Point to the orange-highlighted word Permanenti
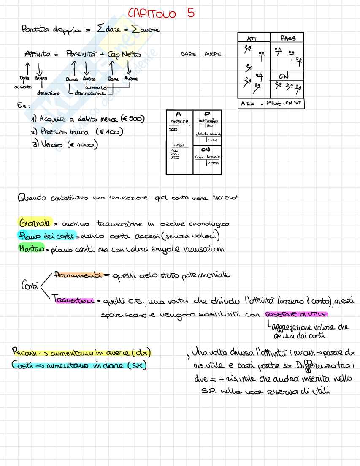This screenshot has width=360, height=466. [x=78, y=275]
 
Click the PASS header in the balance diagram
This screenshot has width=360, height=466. [x=288, y=38]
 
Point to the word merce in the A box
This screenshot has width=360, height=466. [x=179, y=122]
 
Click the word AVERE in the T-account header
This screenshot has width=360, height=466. [x=213, y=54]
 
